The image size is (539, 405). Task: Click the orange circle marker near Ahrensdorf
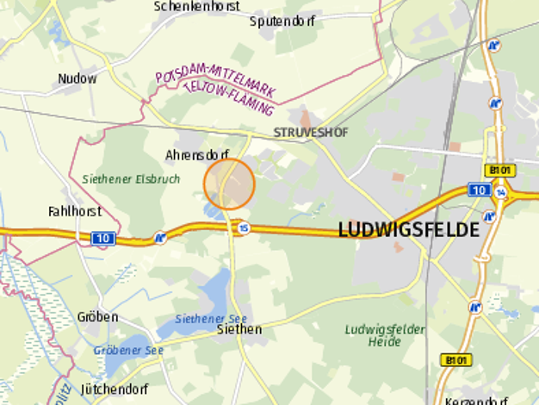(x=229, y=184)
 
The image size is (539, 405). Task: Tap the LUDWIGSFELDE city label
(x=408, y=230)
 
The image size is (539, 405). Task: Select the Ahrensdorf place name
(x=195, y=155)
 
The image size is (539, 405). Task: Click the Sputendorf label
(x=282, y=21)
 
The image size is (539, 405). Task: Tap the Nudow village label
(x=77, y=78)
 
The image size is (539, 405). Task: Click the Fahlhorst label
(x=75, y=210)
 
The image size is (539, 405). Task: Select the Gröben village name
(x=97, y=317)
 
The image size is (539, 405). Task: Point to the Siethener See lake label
(x=206, y=318)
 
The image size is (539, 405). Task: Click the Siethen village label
(x=239, y=329)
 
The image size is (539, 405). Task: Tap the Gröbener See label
(x=128, y=351)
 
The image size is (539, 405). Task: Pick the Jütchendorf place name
(x=115, y=389)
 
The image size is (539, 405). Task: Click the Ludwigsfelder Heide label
(x=384, y=335)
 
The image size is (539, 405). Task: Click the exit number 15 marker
(x=245, y=228)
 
